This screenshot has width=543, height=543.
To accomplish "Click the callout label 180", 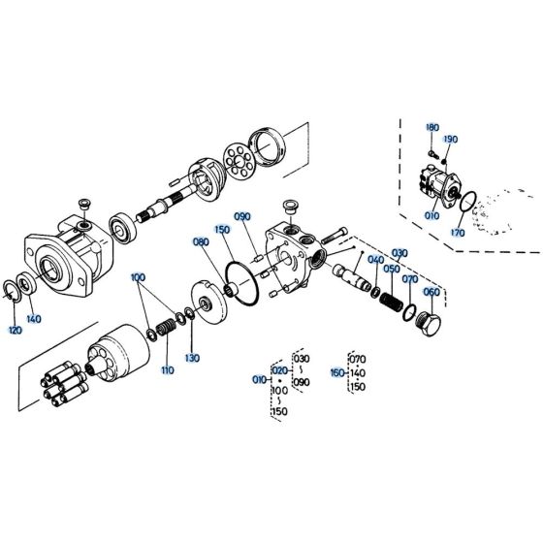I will (x=431, y=127).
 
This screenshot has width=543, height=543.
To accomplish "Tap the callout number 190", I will (x=450, y=140).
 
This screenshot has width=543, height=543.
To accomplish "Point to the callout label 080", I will (x=201, y=241).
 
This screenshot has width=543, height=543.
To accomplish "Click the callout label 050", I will (x=391, y=270).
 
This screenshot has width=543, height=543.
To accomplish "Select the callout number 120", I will (x=15, y=331).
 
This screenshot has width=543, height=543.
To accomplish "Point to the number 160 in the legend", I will (x=337, y=370).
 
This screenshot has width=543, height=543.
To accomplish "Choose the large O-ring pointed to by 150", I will (x=240, y=277).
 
